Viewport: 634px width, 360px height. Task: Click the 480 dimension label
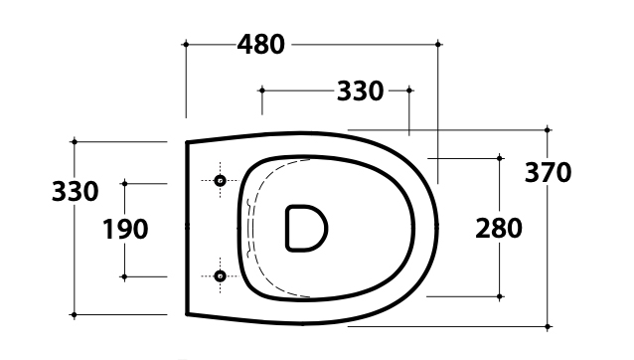[x=260, y=45]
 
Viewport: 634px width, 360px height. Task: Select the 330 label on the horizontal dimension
[x=361, y=91]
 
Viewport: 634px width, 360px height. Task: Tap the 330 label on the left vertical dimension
[x=76, y=191]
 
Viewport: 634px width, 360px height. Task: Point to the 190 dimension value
[x=125, y=229]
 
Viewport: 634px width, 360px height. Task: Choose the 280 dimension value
[x=499, y=228]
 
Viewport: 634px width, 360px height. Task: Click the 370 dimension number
[x=548, y=172]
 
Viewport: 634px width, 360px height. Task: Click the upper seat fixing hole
[x=220, y=180]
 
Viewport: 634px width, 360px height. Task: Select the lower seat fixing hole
[x=220, y=276]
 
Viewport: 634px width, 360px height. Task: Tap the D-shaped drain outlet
[x=306, y=228]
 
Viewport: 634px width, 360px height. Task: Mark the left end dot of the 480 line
[x=186, y=44]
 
